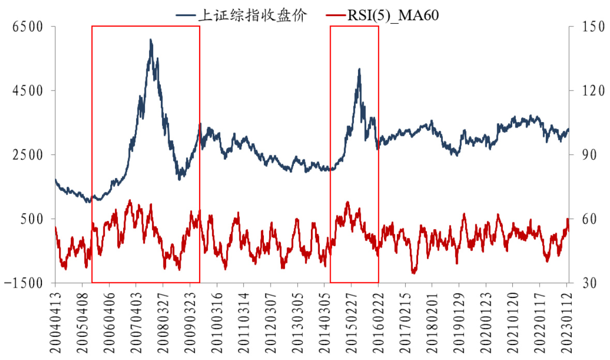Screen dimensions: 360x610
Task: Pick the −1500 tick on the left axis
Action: click(23, 283)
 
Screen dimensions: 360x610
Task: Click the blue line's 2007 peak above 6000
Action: click(151, 40)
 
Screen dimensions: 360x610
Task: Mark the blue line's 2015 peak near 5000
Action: click(359, 69)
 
